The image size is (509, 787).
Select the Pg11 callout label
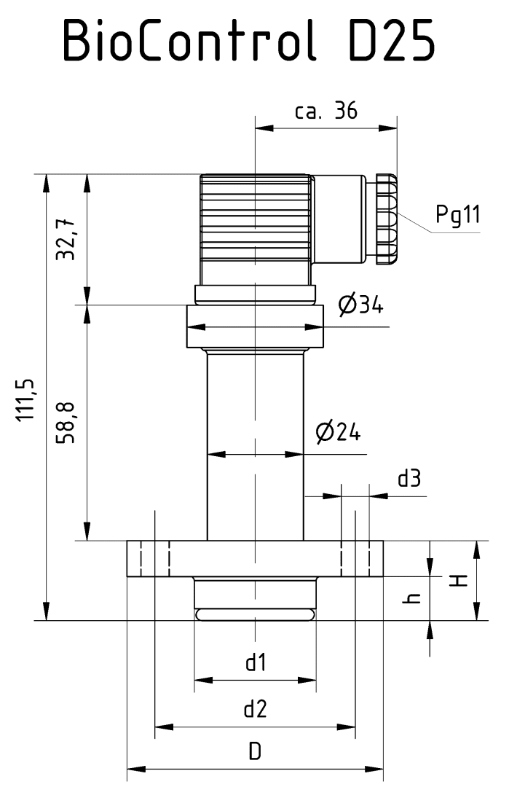click(x=457, y=215)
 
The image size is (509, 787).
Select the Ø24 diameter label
click(x=338, y=433)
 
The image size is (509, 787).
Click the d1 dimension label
click(x=255, y=662)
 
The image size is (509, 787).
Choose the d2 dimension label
click(x=255, y=708)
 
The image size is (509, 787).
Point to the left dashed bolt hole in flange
click(x=155, y=559)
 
